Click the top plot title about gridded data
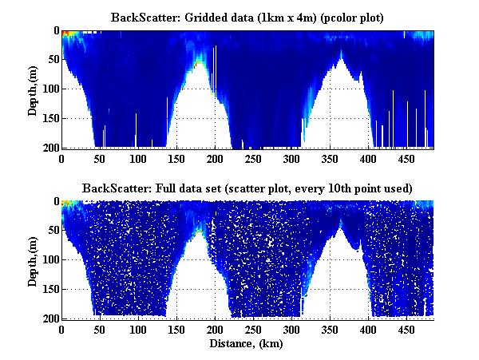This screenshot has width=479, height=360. click(x=247, y=18)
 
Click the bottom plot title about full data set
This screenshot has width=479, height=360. click(x=247, y=188)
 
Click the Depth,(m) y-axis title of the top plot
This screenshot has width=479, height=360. click(x=33, y=89)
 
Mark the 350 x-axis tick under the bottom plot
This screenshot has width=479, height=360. click(x=290, y=330)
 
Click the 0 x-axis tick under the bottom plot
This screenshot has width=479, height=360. click(x=61, y=330)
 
